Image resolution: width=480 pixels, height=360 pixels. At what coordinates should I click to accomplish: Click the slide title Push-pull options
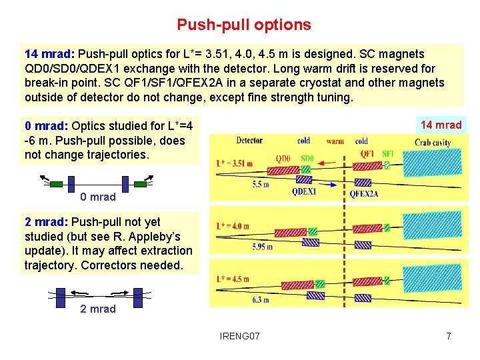click(243, 25)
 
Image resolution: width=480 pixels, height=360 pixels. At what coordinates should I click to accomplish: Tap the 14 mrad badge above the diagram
click(441, 125)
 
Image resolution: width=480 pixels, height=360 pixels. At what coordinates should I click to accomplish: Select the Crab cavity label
click(431, 143)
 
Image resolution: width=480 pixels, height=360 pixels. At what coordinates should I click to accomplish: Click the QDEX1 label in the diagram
click(304, 192)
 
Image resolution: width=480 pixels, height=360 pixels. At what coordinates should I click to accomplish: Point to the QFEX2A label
click(364, 194)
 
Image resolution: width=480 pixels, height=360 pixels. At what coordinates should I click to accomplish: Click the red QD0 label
click(284, 158)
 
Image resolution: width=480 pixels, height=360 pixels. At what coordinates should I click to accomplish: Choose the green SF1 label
click(388, 154)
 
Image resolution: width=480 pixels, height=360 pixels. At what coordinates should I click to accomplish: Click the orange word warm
click(335, 141)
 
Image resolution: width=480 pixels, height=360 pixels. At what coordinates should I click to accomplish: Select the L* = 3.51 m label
click(235, 163)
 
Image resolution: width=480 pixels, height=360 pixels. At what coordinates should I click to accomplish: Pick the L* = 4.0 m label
click(233, 226)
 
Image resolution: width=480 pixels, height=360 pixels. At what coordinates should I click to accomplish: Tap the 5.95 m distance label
click(262, 247)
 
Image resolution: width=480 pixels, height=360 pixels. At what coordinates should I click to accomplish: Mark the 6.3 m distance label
click(259, 300)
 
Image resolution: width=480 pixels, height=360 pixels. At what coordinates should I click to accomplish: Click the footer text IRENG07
click(240, 335)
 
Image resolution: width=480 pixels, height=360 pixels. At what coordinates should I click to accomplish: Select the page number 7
click(449, 335)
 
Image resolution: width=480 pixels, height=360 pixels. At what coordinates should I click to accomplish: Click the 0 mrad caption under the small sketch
click(98, 197)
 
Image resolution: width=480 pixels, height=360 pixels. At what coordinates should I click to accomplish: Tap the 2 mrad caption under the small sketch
click(98, 309)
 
